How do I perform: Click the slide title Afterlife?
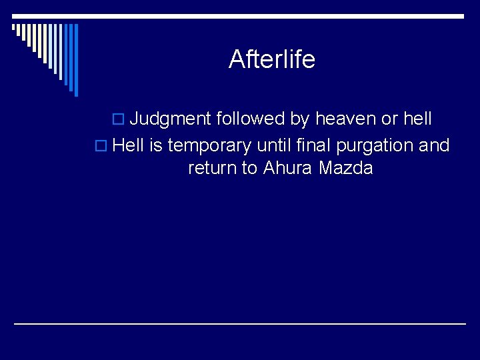tap(271, 59)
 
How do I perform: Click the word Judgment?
tap(170, 119)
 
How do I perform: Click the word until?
tap(274, 145)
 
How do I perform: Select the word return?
tap(212, 168)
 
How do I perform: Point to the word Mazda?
tap(345, 168)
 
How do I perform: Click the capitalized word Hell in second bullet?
tap(129, 145)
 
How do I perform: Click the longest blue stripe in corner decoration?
tap(75, 60)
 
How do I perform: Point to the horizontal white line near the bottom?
tap(240, 323)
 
